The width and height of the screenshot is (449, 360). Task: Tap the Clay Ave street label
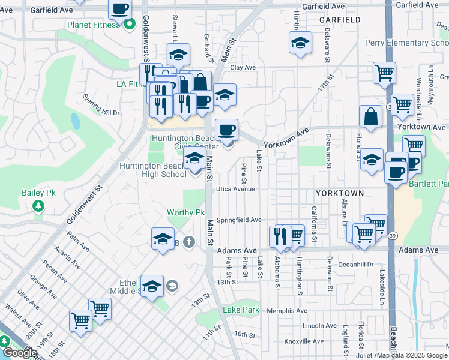point(243,68)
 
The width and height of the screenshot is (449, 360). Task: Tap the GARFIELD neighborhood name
point(340,20)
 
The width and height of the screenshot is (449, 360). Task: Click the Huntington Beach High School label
point(152,170)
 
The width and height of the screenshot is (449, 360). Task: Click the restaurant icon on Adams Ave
point(279,236)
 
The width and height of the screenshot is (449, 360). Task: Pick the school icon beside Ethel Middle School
point(152,286)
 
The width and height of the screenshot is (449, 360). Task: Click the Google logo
point(19,353)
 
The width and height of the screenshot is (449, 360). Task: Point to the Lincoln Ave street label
point(319,326)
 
